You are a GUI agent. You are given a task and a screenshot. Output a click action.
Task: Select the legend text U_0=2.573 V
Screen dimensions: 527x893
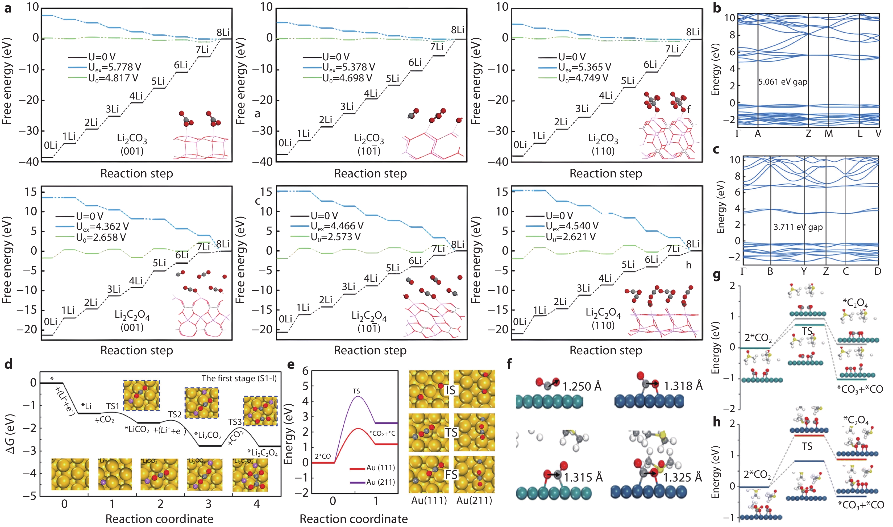pyautogui.click(x=335, y=237)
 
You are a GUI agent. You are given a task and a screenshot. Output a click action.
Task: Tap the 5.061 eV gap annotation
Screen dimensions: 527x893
pyautogui.click(x=783, y=82)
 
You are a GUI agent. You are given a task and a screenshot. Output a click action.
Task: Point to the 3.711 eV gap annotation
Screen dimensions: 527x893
pyautogui.click(x=798, y=227)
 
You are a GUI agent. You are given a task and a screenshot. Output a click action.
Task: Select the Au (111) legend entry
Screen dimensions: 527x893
pyautogui.click(x=380, y=468)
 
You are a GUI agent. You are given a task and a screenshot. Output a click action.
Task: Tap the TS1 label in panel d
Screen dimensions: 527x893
pyautogui.click(x=113, y=406)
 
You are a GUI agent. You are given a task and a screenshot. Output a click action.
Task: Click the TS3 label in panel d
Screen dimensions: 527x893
pyautogui.click(x=235, y=422)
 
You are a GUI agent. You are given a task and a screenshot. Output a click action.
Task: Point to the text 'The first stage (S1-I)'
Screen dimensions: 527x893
pyautogui.click(x=239, y=378)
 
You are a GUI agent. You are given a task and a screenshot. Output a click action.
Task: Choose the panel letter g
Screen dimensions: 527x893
pyautogui.click(x=717, y=275)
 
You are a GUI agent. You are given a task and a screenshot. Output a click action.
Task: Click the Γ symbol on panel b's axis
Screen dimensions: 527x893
pyautogui.click(x=738, y=134)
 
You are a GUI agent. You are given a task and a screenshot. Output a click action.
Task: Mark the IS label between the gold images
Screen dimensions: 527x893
pyautogui.click(x=451, y=390)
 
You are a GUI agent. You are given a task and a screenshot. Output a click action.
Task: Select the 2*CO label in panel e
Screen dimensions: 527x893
pyautogui.click(x=322, y=456)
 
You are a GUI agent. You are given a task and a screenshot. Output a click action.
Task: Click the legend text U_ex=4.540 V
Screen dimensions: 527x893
pyautogui.click(x=572, y=226)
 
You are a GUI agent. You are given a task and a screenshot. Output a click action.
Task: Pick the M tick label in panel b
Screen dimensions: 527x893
pyautogui.click(x=828, y=134)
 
